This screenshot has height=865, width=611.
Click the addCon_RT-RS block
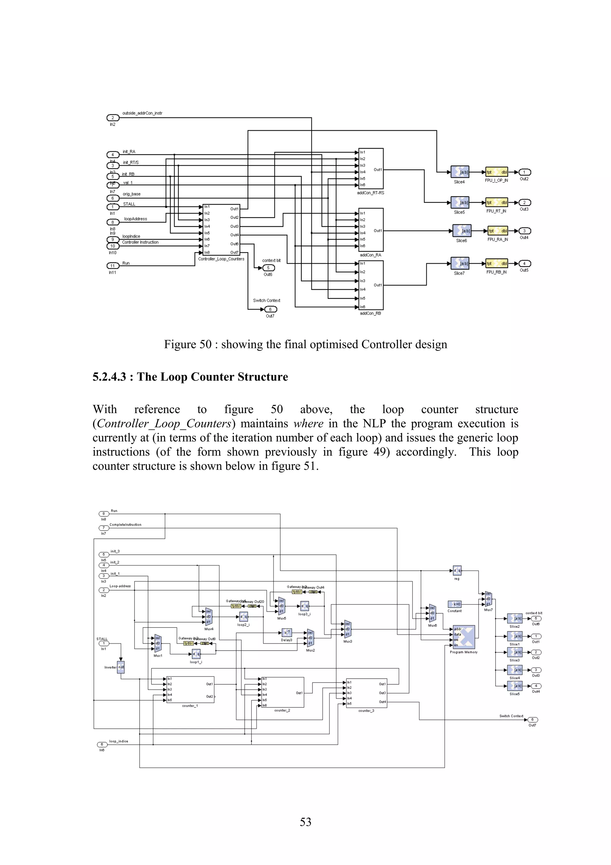pos(371,168)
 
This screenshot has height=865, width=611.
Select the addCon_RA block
pos(371,230)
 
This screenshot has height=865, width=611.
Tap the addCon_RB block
pos(371,285)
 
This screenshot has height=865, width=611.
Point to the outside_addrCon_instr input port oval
pos(112,118)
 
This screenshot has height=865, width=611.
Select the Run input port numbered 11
pos(112,266)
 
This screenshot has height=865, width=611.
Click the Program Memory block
pos(464,637)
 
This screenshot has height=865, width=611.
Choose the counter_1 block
pos(191,689)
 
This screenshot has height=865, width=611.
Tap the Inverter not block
pos(121,667)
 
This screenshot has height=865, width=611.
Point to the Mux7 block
pos(488,599)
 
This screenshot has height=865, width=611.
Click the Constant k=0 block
pos(455,604)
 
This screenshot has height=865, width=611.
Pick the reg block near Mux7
pos(457,570)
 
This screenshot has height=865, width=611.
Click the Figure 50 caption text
pos(305,344)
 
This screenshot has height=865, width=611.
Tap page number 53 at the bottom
pos(305,822)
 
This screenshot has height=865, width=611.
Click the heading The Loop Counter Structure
pos(190,377)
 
